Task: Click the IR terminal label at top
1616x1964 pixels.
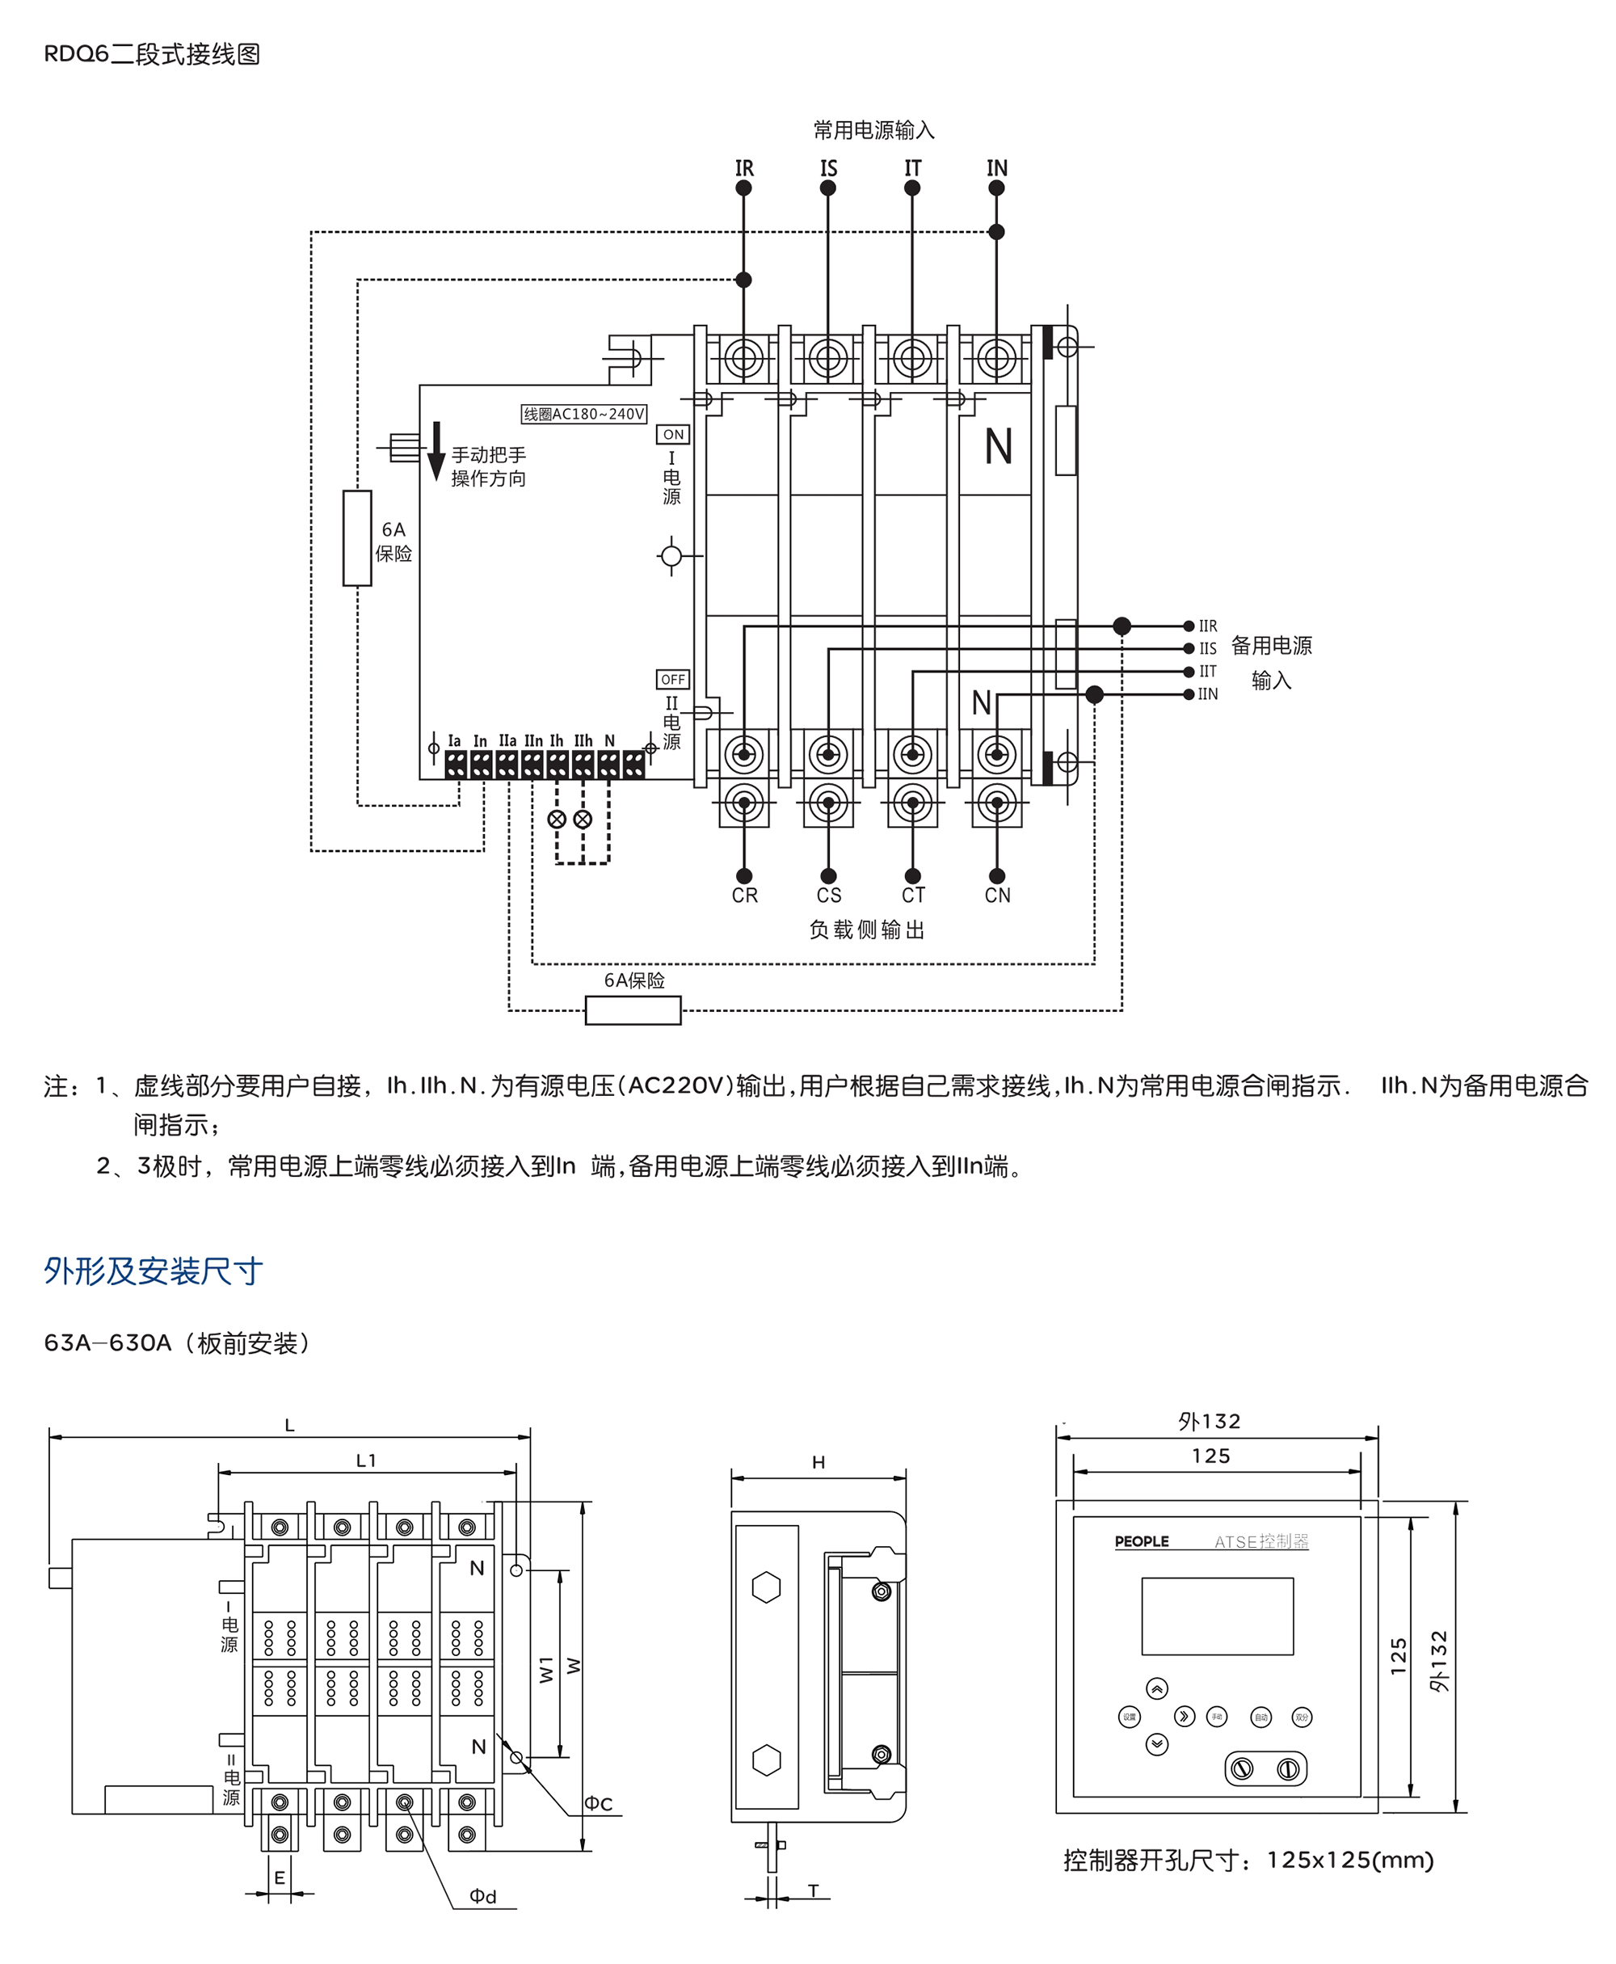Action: pos(744,169)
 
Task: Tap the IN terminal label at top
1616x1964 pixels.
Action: pos(997,169)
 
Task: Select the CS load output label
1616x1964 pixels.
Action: pos(828,895)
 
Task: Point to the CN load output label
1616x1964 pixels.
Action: pos(997,895)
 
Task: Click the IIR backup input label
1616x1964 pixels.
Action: pos(1207,626)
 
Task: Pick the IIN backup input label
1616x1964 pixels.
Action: pos(1207,693)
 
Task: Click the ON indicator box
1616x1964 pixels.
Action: pos(673,435)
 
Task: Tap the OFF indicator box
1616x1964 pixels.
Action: pos(673,680)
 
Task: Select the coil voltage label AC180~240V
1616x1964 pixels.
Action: pos(583,414)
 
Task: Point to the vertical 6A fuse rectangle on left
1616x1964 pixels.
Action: pos(357,538)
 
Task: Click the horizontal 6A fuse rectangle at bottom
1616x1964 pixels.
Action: pos(633,1010)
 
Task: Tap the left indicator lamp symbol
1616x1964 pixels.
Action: pos(557,820)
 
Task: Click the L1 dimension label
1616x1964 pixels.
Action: pos(367,1461)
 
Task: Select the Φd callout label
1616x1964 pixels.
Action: pos(482,1896)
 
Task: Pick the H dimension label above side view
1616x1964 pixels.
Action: pos(819,1462)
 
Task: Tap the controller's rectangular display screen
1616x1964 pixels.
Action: pos(1217,1616)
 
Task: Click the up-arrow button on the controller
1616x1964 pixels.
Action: pos(1156,1688)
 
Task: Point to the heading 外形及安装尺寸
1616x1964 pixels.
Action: pos(154,1271)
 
